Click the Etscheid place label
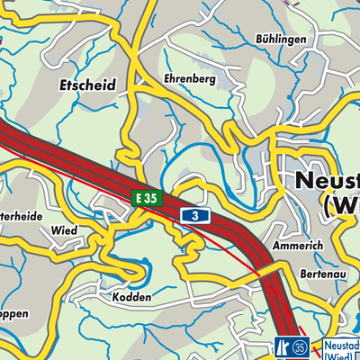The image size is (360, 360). point(89,85)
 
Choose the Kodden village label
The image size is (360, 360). point(133,297)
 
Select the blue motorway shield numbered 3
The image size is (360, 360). point(195,215)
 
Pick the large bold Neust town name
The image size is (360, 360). point(328,183)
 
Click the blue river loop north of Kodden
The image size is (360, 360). point(139,268)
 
